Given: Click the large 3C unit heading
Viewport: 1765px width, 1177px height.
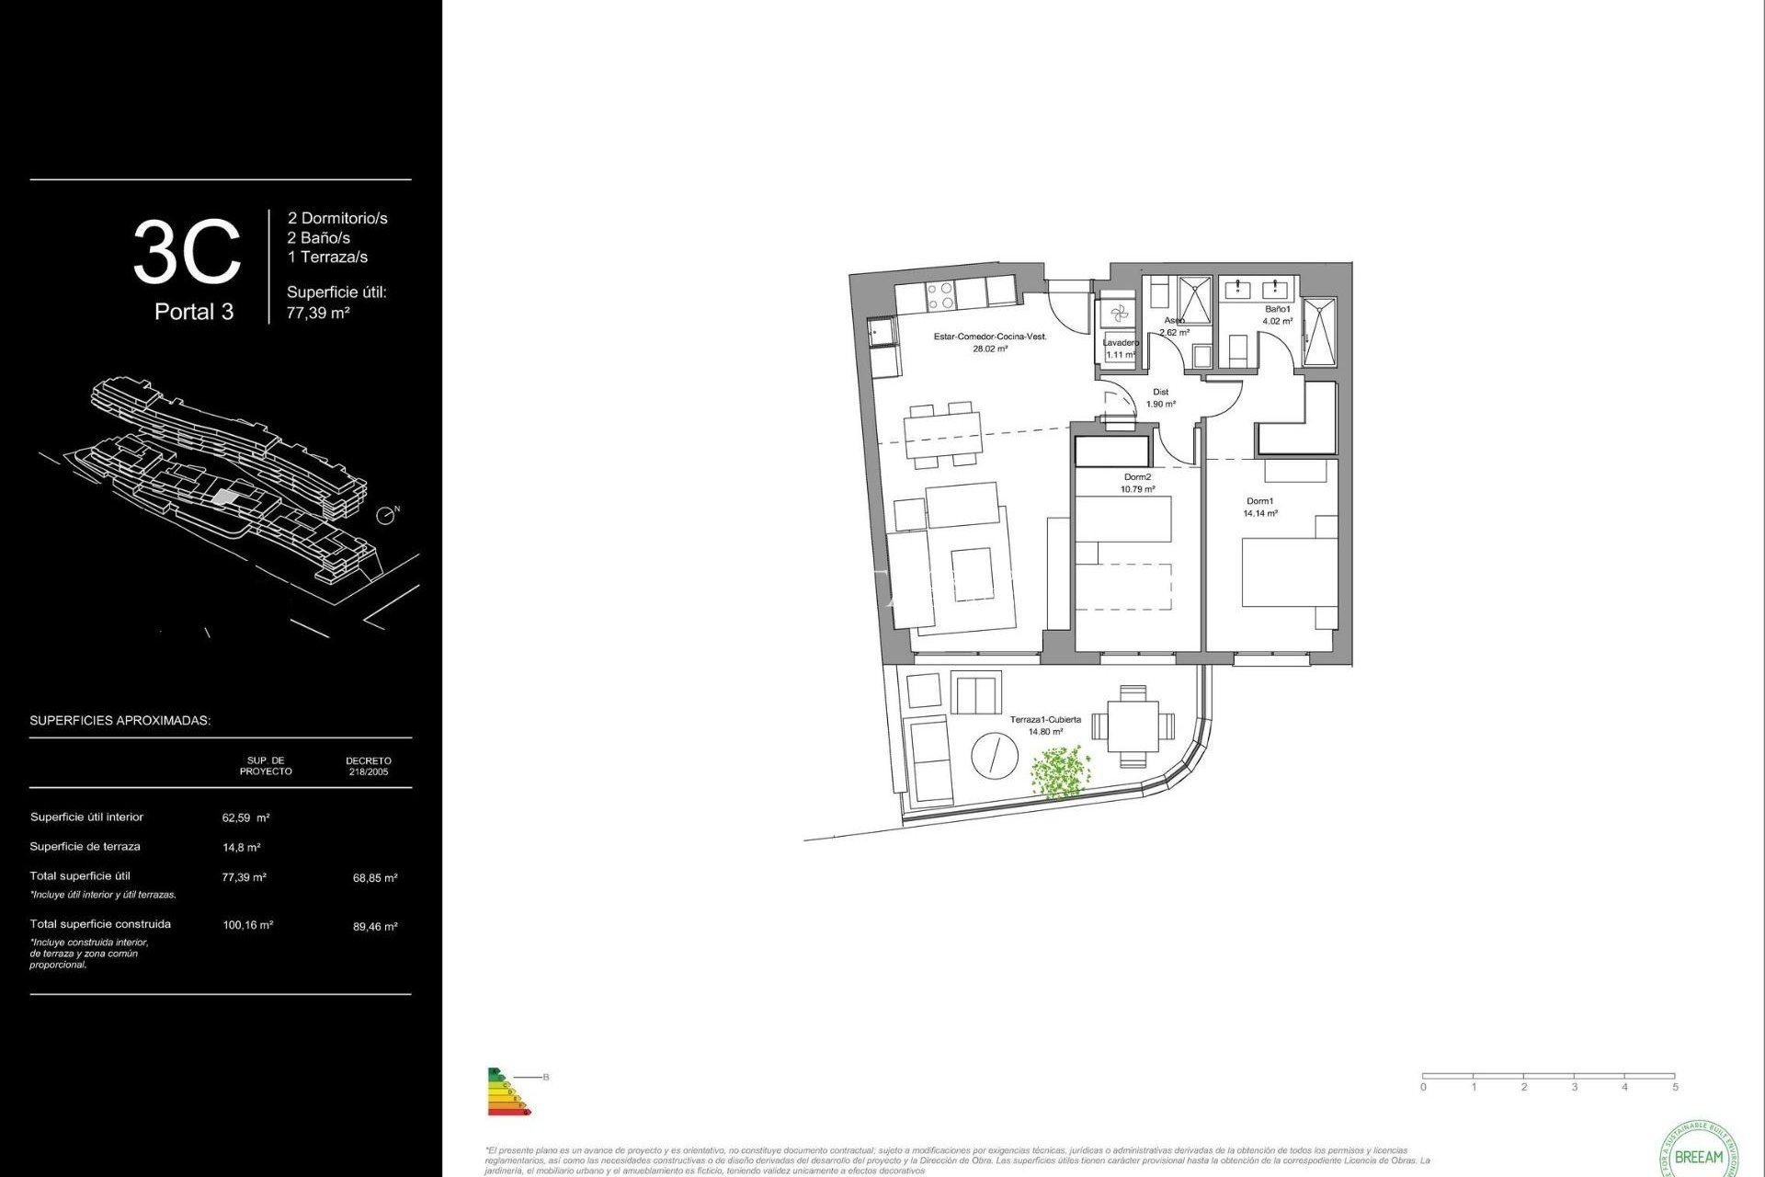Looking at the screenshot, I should [x=187, y=252].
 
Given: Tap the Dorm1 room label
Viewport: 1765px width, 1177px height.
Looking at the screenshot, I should [x=1259, y=501].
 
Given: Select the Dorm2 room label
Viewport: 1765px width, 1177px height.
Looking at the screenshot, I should [x=1137, y=477].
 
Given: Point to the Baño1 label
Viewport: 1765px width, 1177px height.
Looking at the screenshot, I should [x=1277, y=310].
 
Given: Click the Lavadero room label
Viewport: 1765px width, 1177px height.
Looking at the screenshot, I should [x=1120, y=343].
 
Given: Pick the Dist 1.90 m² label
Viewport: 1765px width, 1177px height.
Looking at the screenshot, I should [x=1160, y=398].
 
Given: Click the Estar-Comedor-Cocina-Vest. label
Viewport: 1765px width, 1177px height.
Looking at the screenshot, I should [x=990, y=337].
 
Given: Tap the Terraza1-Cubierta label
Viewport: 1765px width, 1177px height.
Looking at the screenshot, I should [x=1045, y=720].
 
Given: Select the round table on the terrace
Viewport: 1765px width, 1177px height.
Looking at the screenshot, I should [x=995, y=756].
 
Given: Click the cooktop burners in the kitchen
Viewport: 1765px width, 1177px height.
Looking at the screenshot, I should [x=939, y=296].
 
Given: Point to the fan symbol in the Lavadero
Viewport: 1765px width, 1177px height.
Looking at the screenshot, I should [x=1119, y=314].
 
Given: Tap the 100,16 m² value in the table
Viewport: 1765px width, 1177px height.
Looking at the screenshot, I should [x=247, y=925].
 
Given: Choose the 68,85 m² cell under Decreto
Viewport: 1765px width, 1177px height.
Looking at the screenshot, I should [x=375, y=878].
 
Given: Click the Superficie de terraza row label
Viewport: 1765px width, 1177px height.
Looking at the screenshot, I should [x=85, y=847].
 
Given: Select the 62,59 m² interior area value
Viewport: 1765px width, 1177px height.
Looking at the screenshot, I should [x=245, y=817].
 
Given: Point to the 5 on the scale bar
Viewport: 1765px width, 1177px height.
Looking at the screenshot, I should [x=1675, y=1087].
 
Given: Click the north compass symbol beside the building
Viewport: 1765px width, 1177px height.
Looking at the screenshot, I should [x=386, y=516].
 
